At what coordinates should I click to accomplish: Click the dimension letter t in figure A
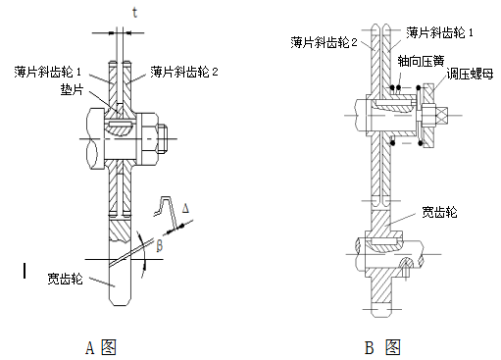click(x=134, y=13)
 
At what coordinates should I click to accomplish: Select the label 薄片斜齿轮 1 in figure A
click(x=47, y=72)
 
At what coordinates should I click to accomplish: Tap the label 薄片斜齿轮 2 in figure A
click(x=184, y=72)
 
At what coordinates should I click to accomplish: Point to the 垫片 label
click(x=72, y=89)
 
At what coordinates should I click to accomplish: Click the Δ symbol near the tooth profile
click(x=185, y=208)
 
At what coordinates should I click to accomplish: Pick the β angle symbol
click(x=159, y=245)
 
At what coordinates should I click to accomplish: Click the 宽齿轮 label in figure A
click(x=65, y=279)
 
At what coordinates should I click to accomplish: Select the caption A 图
click(x=101, y=347)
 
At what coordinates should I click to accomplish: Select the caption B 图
click(x=382, y=347)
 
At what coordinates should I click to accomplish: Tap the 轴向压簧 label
click(x=421, y=61)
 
